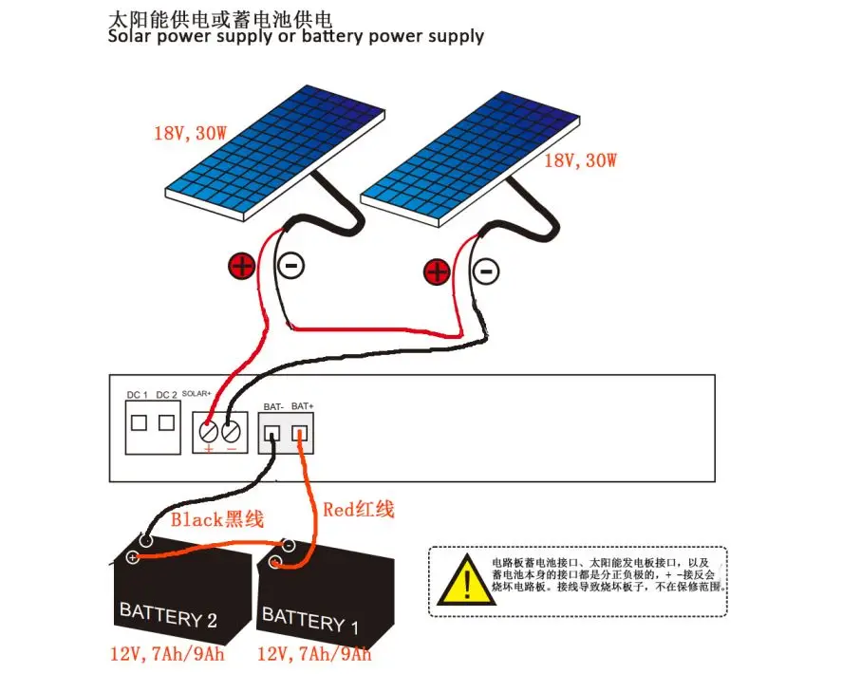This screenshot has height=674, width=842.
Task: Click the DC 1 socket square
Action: coord(139,422)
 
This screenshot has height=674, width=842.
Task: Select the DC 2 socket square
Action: coord(166,422)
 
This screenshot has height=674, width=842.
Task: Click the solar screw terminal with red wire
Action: coord(210,432)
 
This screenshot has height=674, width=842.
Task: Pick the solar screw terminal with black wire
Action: coord(232,432)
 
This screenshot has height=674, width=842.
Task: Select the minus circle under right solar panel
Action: coord(486,271)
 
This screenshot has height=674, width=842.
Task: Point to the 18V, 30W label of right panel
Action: coord(581,160)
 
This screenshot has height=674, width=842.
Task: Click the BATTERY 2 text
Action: coord(168,615)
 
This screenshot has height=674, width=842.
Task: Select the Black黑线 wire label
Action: coord(216,519)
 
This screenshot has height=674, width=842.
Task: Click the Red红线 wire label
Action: coord(358,510)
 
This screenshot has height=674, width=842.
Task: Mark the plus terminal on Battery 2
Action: coord(132,557)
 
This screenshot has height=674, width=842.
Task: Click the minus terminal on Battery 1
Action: coord(288,547)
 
